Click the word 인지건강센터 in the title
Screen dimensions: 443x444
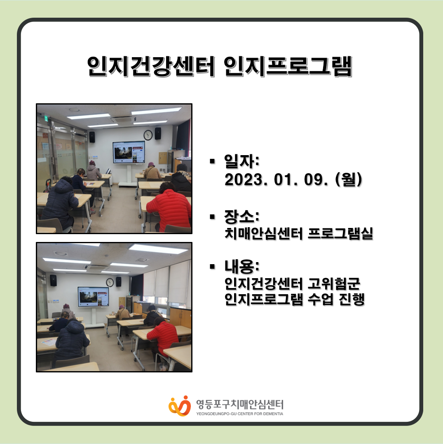151,66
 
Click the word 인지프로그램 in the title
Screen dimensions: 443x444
288,66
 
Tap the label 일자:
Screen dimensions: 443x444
241,161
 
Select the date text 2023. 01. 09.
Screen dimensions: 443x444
276,179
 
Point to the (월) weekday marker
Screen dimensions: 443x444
349,179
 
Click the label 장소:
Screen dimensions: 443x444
241,216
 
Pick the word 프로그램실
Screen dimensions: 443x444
340,234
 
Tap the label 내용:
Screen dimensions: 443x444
241,267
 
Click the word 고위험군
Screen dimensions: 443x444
334,284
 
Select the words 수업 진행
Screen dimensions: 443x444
336,299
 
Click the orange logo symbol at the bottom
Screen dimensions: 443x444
180,406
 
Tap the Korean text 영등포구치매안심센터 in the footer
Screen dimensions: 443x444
240,404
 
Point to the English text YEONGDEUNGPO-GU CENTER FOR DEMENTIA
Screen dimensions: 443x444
240,414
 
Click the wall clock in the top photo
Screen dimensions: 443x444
148,135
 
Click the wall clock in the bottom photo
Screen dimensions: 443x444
110,282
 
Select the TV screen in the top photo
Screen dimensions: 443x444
129,152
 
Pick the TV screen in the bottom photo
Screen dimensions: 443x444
93,297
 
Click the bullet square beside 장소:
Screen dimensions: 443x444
212,217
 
